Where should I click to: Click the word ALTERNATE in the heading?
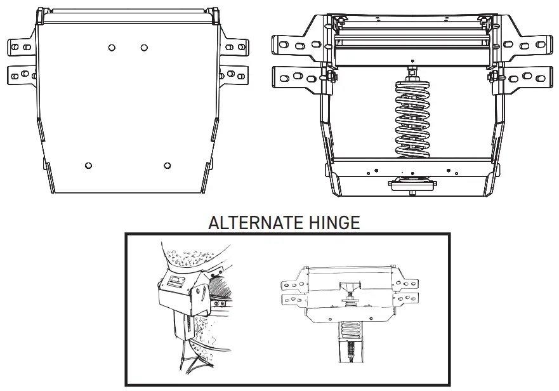tap(256, 223)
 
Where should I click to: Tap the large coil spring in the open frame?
tap(413, 119)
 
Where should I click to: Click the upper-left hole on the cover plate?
tap(112, 48)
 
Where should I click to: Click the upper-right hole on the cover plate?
tap(145, 48)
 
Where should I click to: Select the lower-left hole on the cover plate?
tap(88, 166)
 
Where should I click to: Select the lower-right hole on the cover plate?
tap(168, 166)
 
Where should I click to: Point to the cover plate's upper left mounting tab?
tap(22, 48)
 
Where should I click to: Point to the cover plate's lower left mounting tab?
tap(22, 74)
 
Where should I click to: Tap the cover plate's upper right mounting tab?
tap(233, 48)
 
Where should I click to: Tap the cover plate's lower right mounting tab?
tap(233, 74)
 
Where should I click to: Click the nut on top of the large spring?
tap(413, 67)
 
